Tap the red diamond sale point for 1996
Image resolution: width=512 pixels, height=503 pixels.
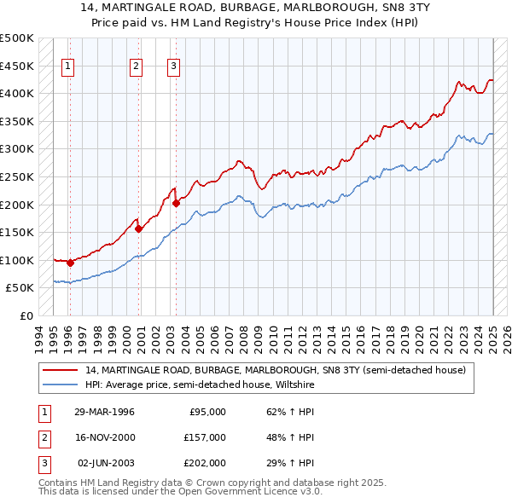click(x=70, y=263)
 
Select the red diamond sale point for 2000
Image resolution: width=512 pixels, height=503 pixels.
click(x=137, y=228)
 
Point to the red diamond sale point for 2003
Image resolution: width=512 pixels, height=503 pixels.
click(x=176, y=203)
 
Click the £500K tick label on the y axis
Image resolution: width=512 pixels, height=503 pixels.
click(x=17, y=38)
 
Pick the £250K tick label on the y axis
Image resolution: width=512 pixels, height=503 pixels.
click(x=17, y=176)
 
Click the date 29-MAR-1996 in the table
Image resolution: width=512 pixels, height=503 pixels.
click(x=104, y=412)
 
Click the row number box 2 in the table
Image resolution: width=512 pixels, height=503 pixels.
click(x=43, y=437)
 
